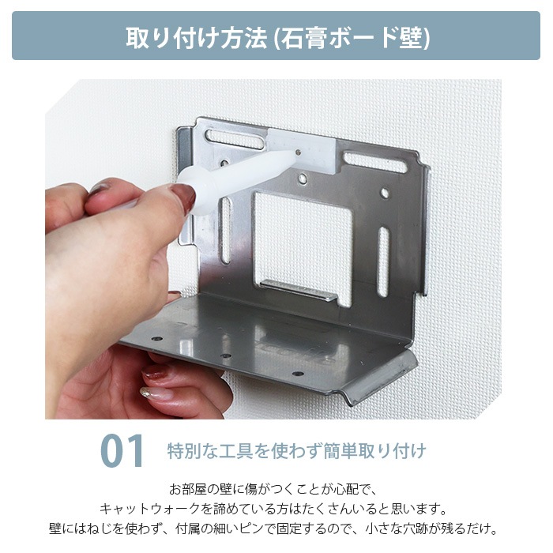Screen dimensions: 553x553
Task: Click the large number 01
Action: point(122,451)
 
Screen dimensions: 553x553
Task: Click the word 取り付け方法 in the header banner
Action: point(197,37)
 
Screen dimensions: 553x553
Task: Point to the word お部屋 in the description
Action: point(187,489)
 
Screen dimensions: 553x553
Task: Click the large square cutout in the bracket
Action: point(303,247)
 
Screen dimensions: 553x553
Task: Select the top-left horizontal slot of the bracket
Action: point(235,138)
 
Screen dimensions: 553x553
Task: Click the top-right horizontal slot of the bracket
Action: point(375,162)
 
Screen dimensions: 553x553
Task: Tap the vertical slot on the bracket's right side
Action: point(383,261)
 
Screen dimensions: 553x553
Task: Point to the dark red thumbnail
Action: point(183,197)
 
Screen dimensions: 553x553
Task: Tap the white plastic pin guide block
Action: point(304,149)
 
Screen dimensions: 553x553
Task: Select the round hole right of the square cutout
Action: point(385,193)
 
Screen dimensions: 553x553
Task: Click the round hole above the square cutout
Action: point(302,179)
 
